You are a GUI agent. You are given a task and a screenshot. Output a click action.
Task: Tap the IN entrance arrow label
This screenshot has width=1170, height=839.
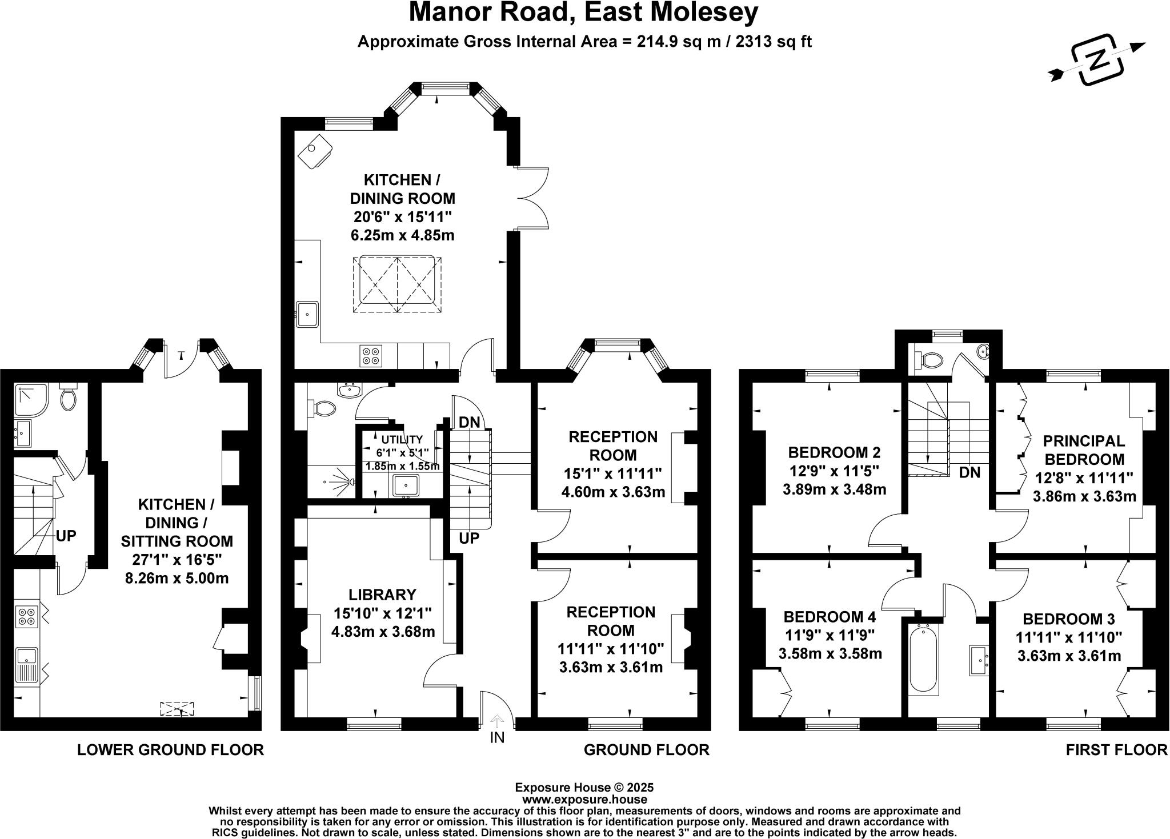pos(497,737)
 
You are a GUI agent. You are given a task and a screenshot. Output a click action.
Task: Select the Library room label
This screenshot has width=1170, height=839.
pos(383,595)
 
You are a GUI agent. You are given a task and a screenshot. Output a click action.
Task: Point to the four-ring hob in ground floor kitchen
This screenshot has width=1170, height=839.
pos(370,356)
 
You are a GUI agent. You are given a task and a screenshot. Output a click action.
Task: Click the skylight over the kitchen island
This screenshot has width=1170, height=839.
pos(398,284)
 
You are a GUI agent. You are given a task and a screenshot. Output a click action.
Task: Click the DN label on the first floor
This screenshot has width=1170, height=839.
pos(969,472)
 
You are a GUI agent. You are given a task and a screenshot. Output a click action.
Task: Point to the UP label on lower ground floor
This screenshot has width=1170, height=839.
pos(66,536)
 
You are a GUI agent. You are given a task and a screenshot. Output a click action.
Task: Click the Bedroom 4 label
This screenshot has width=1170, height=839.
pos(830,617)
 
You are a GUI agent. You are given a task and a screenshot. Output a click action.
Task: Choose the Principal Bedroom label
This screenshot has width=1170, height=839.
pos(1084,450)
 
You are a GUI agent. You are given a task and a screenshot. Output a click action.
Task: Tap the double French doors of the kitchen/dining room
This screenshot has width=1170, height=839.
pos(533,199)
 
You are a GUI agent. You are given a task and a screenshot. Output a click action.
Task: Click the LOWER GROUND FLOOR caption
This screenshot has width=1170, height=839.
pos(170,750)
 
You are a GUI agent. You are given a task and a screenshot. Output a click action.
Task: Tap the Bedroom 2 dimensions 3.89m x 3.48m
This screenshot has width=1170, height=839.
pos(834,489)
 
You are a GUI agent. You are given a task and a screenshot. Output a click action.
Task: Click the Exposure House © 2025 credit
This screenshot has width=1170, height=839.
pos(584,788)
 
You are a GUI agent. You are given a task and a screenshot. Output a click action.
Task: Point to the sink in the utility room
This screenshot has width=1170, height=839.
pos(406,485)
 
